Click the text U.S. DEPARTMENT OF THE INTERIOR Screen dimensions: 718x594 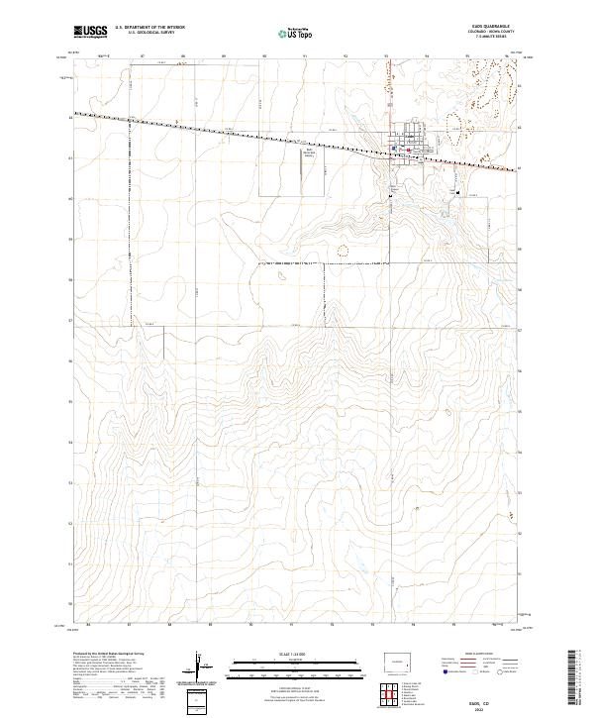click(150, 28)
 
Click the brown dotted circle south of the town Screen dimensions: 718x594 click(344, 251)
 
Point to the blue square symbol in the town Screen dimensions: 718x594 click(393, 150)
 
